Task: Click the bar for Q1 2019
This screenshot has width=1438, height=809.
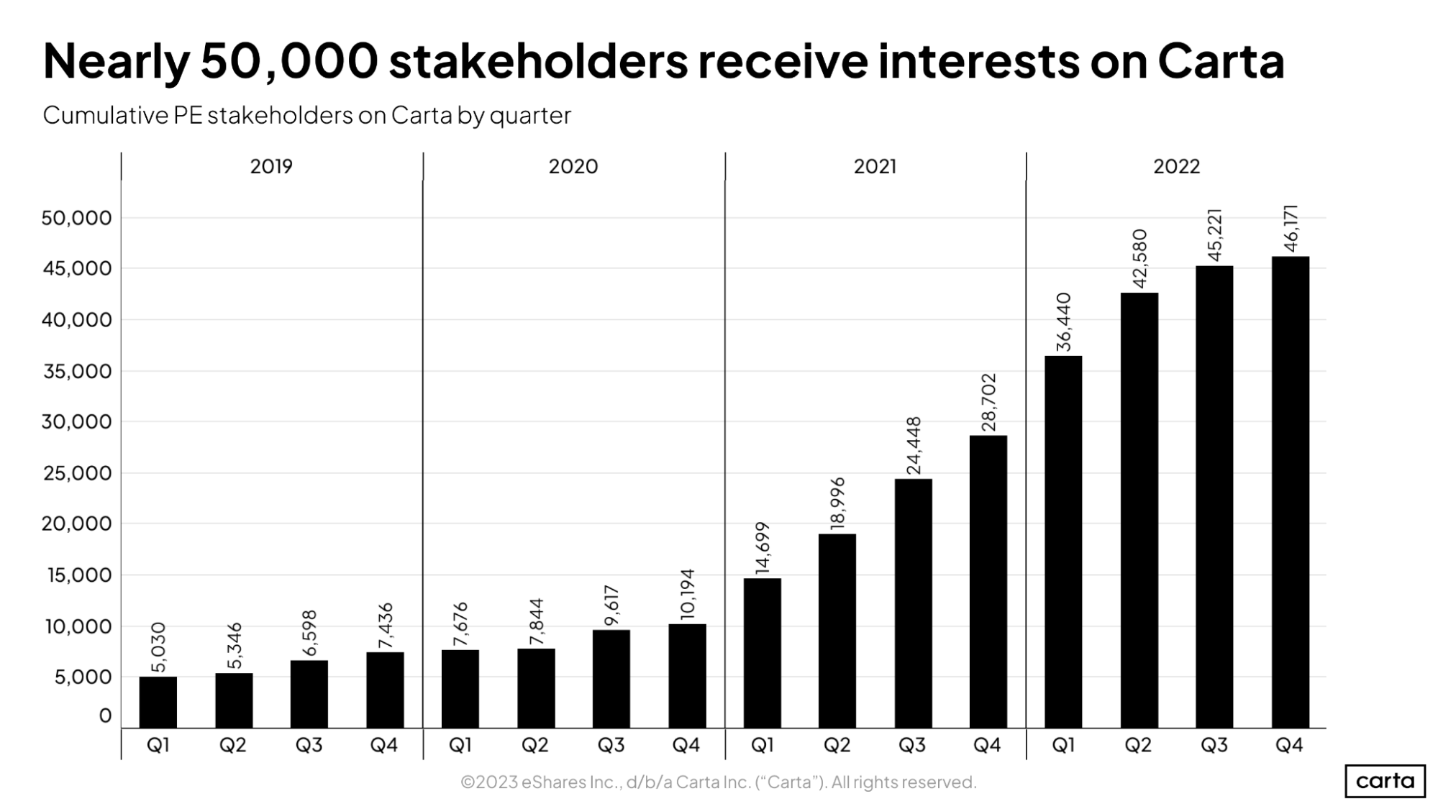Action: tap(158, 702)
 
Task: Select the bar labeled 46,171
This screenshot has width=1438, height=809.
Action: tap(1290, 493)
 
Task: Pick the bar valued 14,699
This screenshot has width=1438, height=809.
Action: tap(762, 653)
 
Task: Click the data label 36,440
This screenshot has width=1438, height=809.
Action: tap(1064, 322)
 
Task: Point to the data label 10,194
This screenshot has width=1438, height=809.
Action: tap(687, 594)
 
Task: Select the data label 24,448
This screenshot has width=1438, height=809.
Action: tap(914, 446)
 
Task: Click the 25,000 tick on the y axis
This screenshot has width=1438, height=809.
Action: tap(76, 473)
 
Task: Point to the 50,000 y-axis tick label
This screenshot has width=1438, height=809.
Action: tap(76, 218)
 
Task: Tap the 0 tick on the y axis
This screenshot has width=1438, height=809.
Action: tap(105, 716)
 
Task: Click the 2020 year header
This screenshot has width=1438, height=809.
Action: tap(573, 167)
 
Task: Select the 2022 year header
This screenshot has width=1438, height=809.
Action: tap(1176, 167)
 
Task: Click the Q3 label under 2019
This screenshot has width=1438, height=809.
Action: tap(309, 745)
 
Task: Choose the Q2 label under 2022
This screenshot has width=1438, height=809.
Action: tap(1138, 745)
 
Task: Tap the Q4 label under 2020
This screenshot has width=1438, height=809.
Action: tap(686, 745)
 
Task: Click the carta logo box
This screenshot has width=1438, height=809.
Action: tap(1385, 781)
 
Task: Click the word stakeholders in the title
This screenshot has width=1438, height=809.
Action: tap(537, 61)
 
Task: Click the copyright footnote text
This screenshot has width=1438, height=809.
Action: tap(718, 782)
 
